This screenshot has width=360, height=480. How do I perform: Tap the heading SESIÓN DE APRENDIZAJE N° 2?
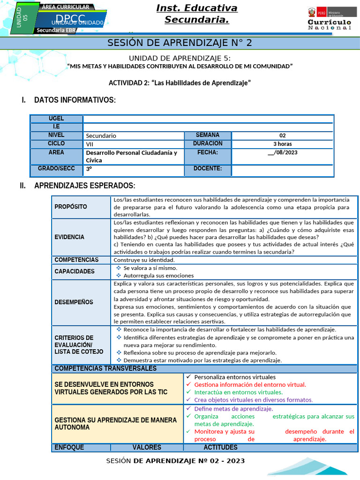point(180,43)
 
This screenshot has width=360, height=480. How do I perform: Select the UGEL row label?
point(56,119)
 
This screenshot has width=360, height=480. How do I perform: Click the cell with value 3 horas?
point(283,144)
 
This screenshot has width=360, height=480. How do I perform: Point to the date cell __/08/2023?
point(283,152)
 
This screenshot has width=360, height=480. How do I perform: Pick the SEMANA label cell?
point(208,135)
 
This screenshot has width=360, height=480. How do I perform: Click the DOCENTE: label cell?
point(208,169)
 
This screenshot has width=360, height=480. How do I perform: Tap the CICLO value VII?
point(90,144)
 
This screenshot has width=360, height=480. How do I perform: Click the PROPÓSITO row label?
point(71,207)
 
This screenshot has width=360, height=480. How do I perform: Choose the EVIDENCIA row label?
point(69,237)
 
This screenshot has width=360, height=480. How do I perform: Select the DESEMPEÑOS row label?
point(74,302)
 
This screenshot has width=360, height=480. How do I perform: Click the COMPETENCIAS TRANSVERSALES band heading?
point(105,368)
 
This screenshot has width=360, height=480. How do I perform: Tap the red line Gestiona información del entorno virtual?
point(250,384)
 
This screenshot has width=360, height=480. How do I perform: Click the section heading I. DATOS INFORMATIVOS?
point(75,100)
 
